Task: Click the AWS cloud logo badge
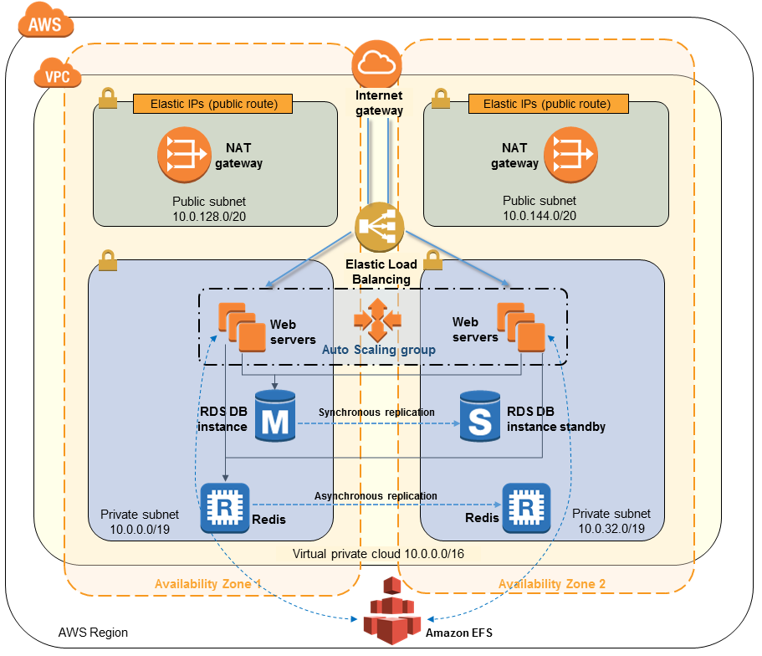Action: tap(44, 23)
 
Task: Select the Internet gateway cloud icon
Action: tap(378, 64)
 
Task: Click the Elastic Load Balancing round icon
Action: tap(379, 228)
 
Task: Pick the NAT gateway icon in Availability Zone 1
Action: tap(183, 152)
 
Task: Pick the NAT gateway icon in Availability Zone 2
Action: tap(571, 152)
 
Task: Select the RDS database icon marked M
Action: tap(274, 416)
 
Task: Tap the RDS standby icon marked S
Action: tap(479, 416)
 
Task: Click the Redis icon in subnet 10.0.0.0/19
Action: tap(222, 508)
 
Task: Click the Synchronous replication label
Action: tap(376, 413)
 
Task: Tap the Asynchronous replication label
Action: tap(376, 496)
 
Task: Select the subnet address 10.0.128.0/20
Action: tap(209, 215)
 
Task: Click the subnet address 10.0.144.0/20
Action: tap(540, 215)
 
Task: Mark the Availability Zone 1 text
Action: tap(208, 584)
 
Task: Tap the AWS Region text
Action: tap(93, 633)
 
